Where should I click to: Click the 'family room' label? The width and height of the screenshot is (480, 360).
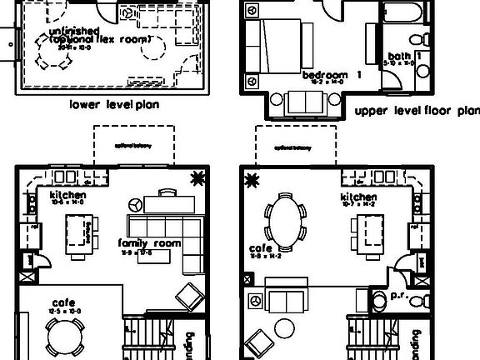(x=150, y=242)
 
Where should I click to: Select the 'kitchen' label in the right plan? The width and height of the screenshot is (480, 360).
(x=358, y=197)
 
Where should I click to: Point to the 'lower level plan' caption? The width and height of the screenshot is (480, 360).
(x=114, y=106)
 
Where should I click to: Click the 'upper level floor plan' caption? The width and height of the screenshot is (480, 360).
(x=416, y=110)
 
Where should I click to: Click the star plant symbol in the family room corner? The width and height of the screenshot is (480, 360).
(x=198, y=177)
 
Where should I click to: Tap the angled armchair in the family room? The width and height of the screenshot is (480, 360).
(x=187, y=297)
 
